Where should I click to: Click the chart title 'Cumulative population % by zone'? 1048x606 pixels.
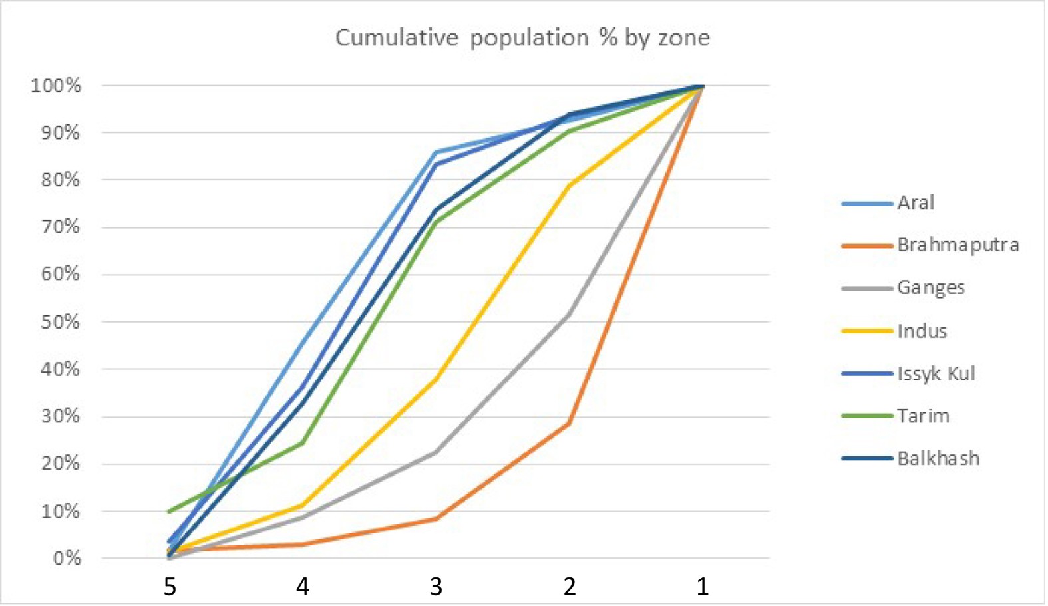tap(522, 38)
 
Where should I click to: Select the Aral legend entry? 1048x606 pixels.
tap(915, 202)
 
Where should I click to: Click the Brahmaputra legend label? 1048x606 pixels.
tap(958, 245)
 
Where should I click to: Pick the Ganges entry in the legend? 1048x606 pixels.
tap(930, 287)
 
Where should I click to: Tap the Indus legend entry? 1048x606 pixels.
tap(921, 331)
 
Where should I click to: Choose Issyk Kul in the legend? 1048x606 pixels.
tap(936, 373)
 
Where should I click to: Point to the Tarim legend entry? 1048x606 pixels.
tap(922, 416)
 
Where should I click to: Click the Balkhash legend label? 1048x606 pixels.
tap(938, 458)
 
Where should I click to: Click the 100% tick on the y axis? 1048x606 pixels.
tap(56, 86)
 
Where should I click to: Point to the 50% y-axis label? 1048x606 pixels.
tap(60, 322)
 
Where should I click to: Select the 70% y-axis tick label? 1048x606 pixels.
tap(60, 227)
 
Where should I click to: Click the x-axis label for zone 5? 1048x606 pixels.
tap(170, 587)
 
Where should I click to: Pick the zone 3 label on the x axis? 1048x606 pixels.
tap(436, 587)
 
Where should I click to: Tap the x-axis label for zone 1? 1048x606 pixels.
tap(702, 587)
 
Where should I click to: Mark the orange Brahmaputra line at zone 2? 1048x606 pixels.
tap(569, 423)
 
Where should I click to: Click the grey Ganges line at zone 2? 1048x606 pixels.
tap(569, 315)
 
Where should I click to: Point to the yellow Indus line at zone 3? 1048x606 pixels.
tap(436, 379)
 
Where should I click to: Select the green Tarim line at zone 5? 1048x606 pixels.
tap(170, 511)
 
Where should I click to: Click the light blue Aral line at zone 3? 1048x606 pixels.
tap(436, 152)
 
